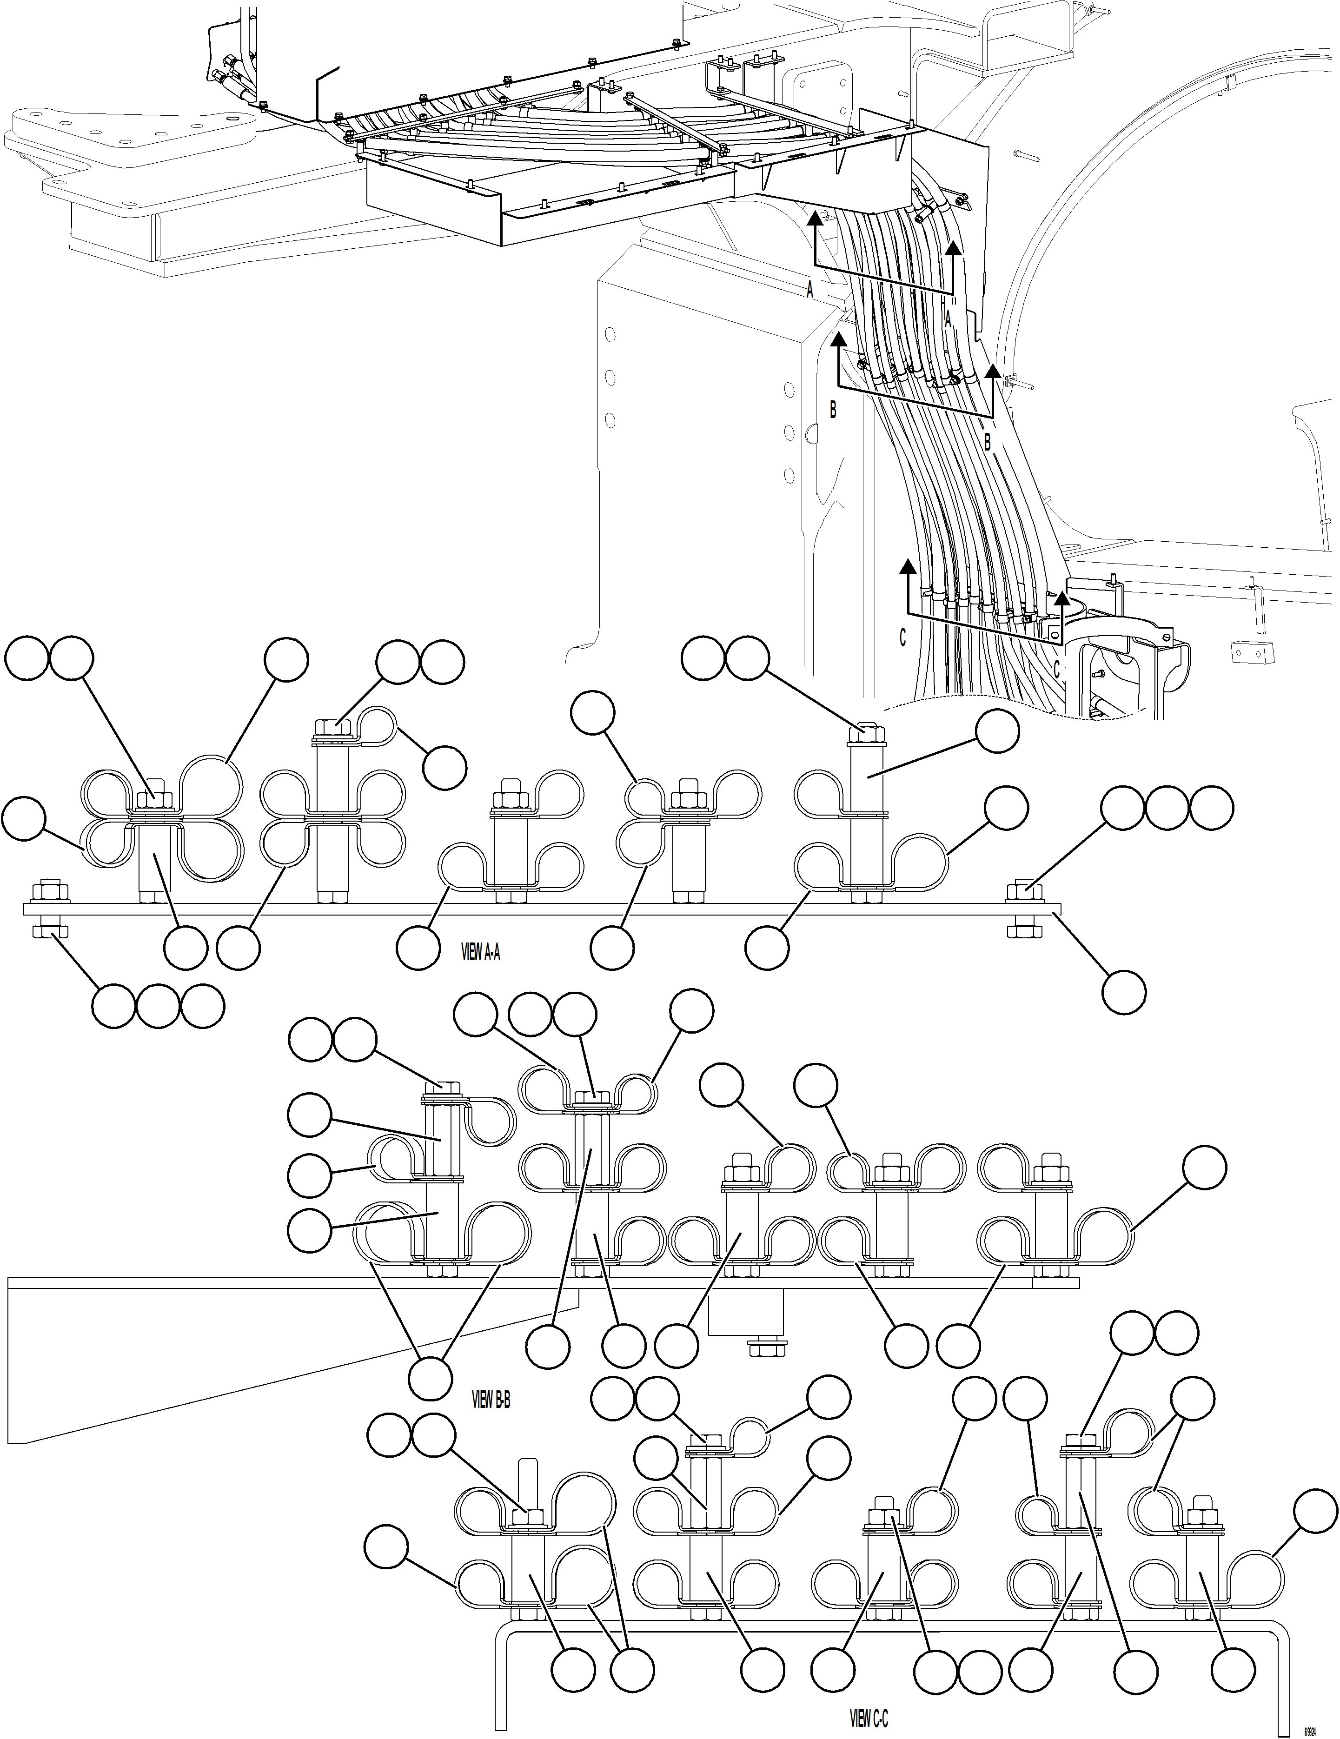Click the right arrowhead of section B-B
(x=993, y=372)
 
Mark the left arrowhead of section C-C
(x=907, y=567)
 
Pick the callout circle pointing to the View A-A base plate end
(x=1123, y=991)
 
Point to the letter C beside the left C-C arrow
(x=902, y=638)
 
